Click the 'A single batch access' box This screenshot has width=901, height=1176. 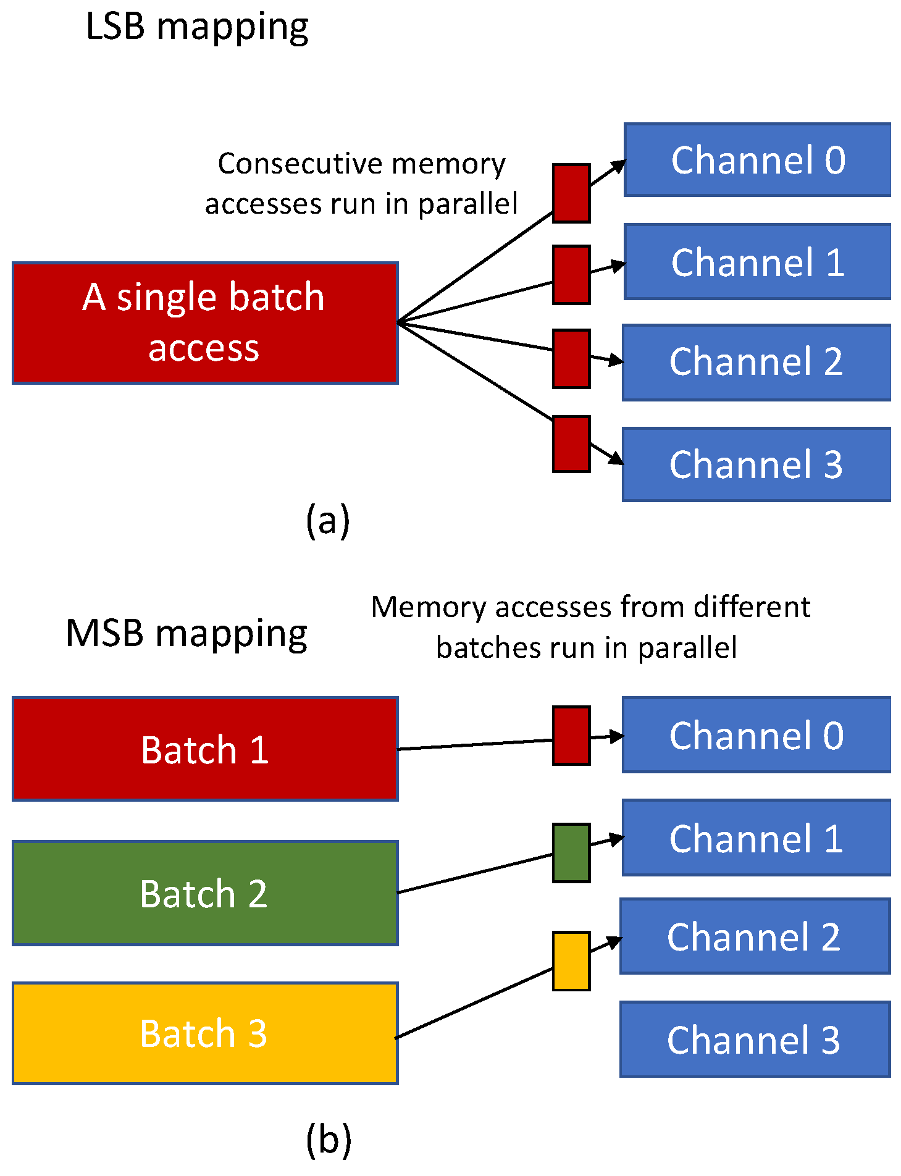tap(204, 322)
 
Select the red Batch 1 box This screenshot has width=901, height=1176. tap(204, 749)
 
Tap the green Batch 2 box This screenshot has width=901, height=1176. tap(204, 893)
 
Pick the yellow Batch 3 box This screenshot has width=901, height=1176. tap(204, 1033)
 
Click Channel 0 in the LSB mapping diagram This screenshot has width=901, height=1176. tap(757, 160)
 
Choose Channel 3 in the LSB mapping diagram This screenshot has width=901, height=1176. tap(756, 464)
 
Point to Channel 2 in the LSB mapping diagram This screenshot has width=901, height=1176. tap(756, 363)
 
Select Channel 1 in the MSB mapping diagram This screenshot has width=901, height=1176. tap(756, 838)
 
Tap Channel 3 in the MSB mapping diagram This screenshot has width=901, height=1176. tap(755, 1039)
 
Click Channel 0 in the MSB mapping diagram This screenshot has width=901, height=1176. tap(756, 735)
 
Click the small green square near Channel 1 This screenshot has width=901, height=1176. tap(571, 853)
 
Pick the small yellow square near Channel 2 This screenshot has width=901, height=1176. tap(571, 961)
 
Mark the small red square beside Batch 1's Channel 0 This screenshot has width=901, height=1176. tap(571, 736)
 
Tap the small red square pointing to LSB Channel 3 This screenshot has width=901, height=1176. tap(571, 444)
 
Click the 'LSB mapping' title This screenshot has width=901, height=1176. tap(197, 27)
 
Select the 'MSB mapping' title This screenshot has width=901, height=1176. tap(186, 634)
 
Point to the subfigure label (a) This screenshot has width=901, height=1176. tap(328, 520)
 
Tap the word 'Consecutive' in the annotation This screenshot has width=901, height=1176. tap(301, 164)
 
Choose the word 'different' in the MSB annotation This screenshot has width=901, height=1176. tap(752, 607)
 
